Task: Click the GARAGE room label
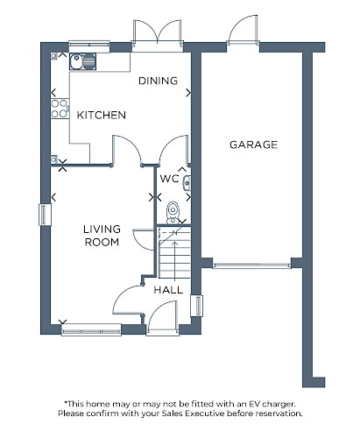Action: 253,145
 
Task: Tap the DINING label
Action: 158,81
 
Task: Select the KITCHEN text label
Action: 102,115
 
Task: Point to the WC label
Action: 169,178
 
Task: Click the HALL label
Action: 168,290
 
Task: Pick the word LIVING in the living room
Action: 102,230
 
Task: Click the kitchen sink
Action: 82,61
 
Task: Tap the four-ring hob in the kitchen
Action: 60,109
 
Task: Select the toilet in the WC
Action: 173,213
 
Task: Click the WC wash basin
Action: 187,183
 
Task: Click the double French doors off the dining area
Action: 158,32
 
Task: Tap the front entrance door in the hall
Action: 162,317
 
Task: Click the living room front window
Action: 91,330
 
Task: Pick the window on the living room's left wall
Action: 45,215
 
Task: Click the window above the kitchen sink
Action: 89,46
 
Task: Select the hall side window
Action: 196,306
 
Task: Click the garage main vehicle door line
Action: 252,265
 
